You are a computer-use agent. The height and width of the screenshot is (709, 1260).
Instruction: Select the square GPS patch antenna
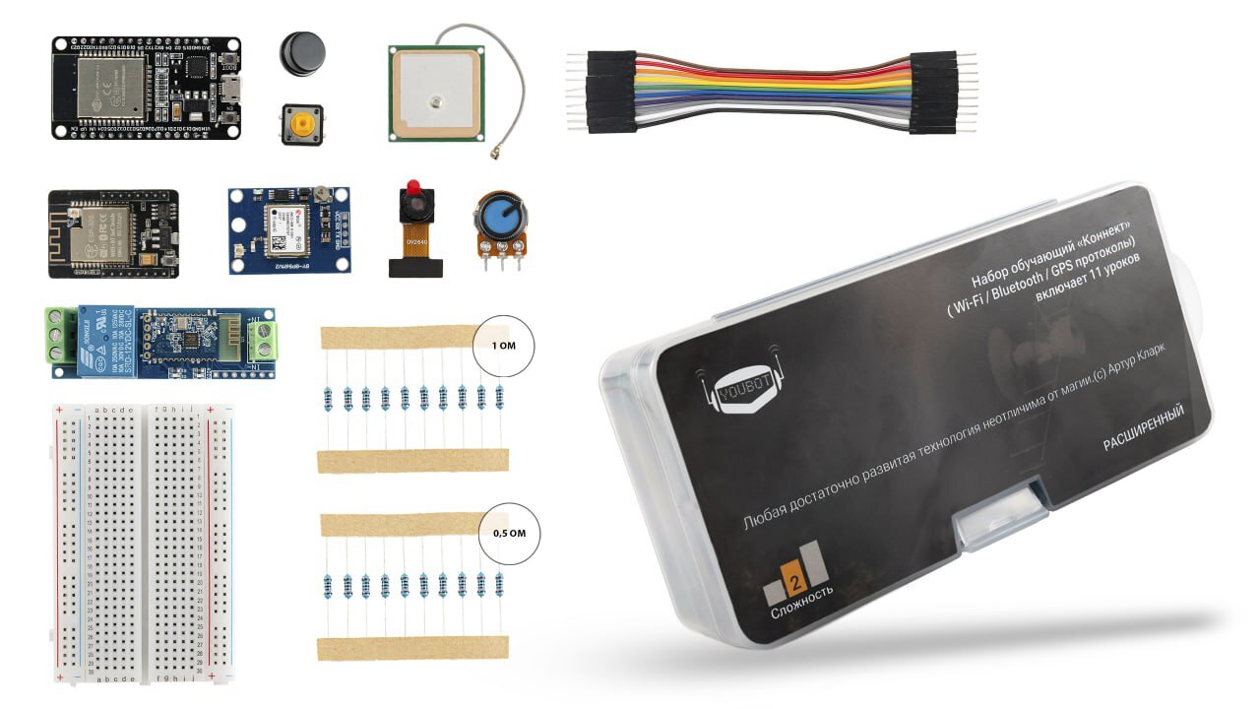click(x=434, y=92)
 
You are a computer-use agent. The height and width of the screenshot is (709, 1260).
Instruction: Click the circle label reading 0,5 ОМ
click(x=508, y=534)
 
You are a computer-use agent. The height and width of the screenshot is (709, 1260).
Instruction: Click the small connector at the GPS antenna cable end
click(x=490, y=155)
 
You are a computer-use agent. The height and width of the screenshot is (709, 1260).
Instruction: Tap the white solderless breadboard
click(x=144, y=543)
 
